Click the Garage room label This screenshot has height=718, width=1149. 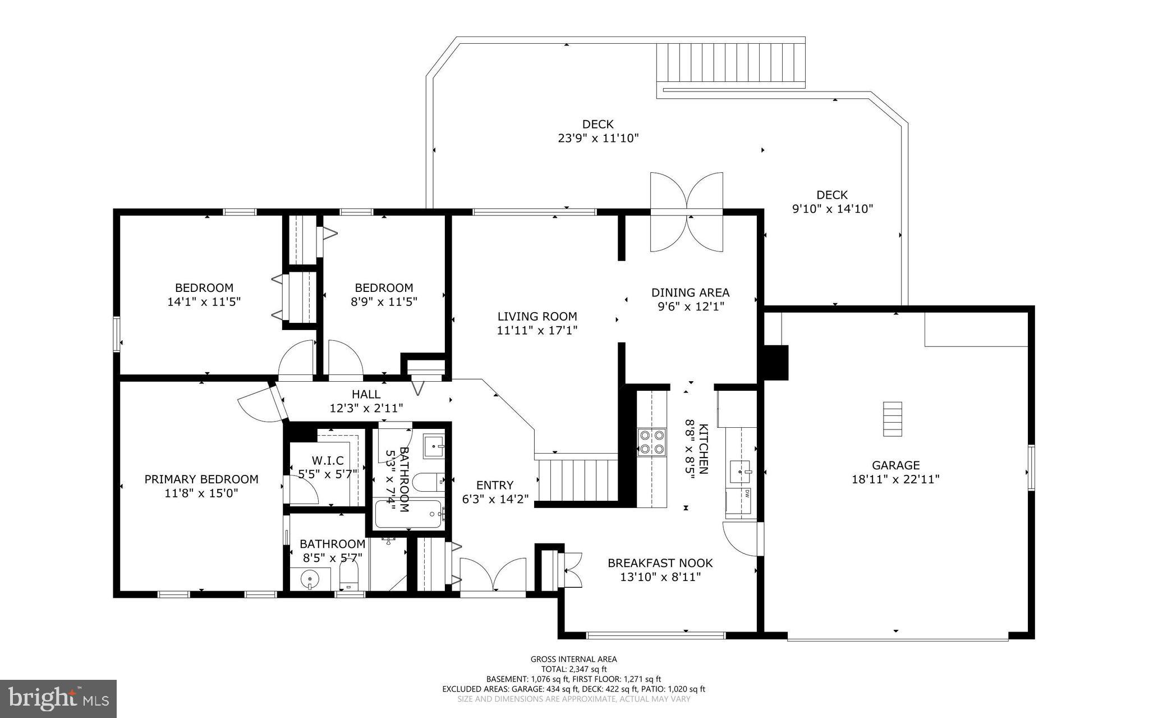pos(895,465)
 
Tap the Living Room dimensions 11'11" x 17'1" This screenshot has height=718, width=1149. pos(537,331)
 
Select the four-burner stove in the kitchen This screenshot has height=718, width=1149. pos(651,442)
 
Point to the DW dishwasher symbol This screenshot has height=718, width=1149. pos(747,493)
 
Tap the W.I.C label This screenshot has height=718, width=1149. pos(328,461)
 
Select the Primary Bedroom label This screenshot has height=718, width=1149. pos(201,479)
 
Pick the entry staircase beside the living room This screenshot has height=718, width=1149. pos(578,480)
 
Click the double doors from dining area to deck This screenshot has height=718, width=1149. pos(686,212)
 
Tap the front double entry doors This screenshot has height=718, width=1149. pos(493,575)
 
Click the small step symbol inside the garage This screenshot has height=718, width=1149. pos(892,419)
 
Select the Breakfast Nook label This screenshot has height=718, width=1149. pos(660,562)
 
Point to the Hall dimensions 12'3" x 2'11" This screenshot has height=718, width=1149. pos(366,408)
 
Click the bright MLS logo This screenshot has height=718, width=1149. pos(58,698)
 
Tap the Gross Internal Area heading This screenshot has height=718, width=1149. pos(573,659)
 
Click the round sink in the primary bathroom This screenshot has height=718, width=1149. pos(309,578)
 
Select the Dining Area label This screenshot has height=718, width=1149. pos(690,292)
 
